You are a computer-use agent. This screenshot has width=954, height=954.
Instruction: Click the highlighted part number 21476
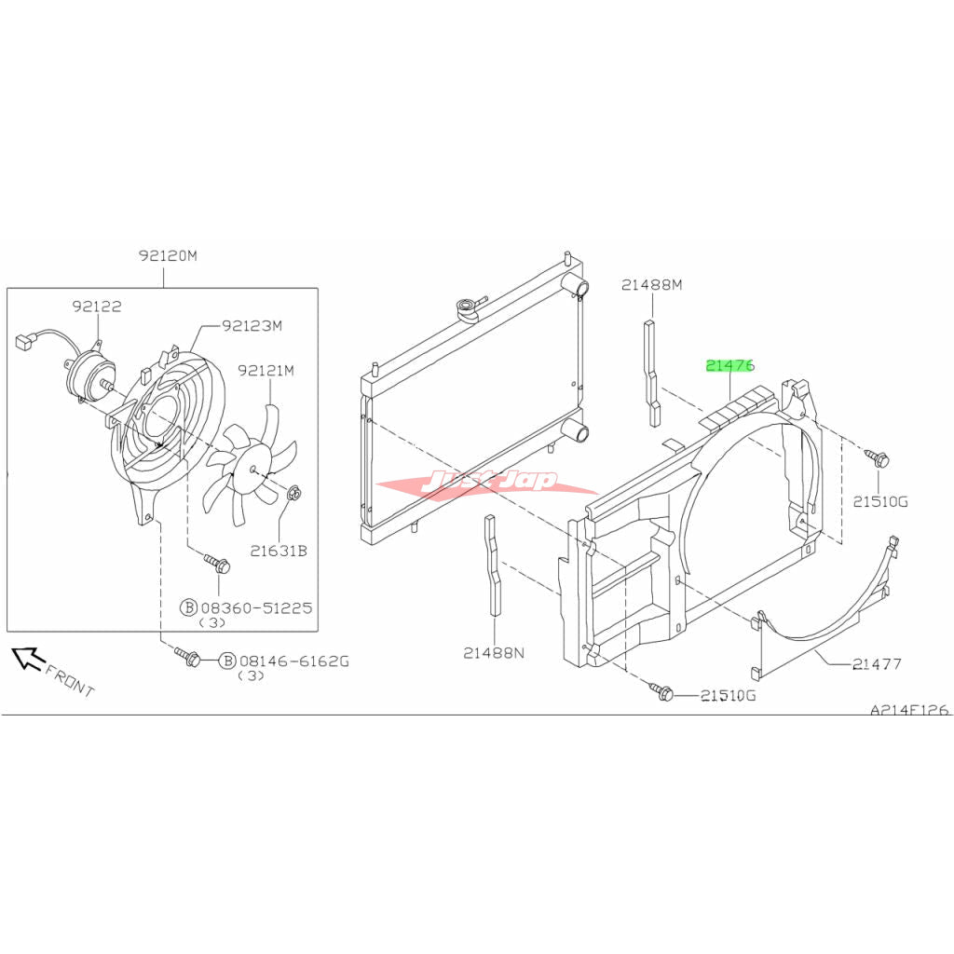[730, 365]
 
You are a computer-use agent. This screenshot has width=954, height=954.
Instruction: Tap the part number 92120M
[168, 255]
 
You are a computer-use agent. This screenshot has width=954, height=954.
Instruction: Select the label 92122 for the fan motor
[97, 306]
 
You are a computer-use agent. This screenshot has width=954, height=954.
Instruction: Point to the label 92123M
[252, 325]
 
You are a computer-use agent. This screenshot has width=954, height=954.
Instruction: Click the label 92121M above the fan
[266, 370]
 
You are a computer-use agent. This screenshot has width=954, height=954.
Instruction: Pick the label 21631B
[279, 552]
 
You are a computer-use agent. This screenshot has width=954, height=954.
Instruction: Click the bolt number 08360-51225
[256, 607]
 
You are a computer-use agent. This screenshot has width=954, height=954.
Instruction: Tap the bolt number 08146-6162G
[294, 661]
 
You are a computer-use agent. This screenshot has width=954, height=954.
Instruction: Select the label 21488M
[651, 284]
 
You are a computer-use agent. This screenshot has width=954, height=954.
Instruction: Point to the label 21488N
[494, 653]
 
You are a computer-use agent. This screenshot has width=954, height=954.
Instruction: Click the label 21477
[877, 663]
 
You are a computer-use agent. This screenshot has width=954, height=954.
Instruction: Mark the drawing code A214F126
[909, 710]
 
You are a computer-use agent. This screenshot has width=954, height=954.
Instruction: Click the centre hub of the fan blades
[252, 470]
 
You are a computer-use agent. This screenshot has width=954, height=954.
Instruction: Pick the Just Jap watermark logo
[486, 482]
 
